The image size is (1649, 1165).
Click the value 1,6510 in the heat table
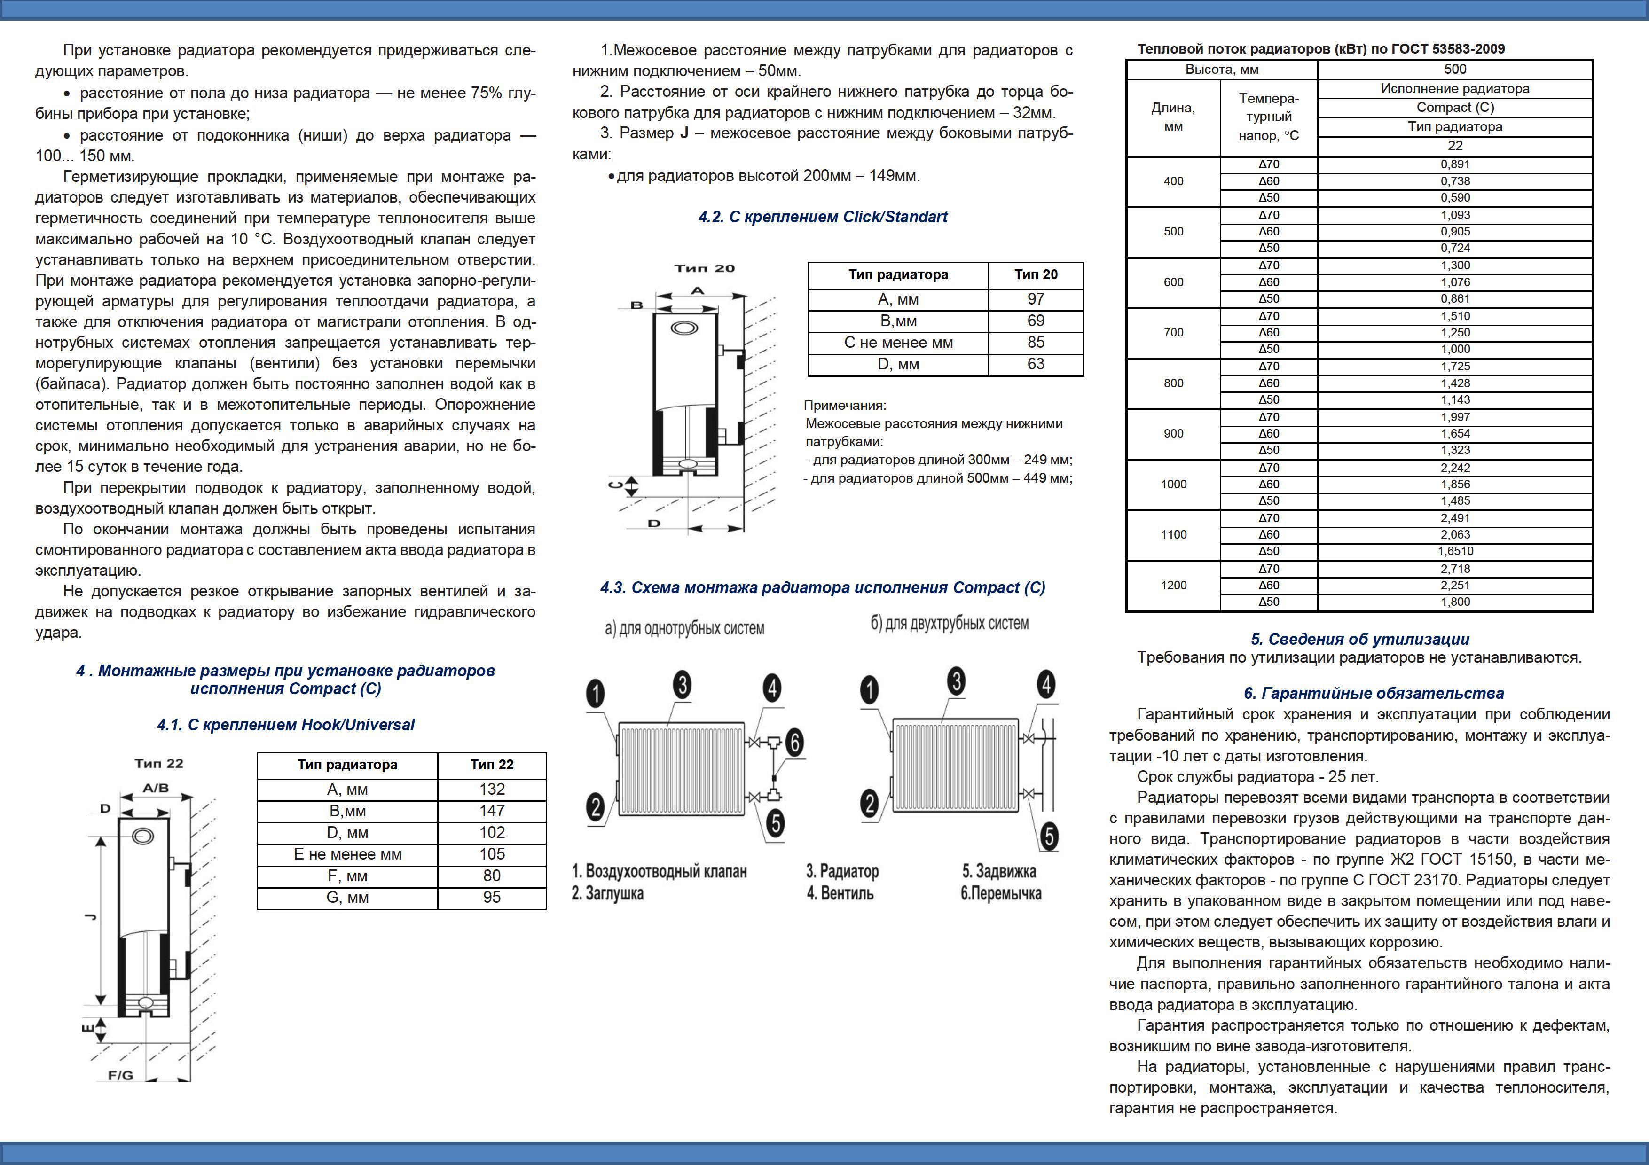tap(1455, 551)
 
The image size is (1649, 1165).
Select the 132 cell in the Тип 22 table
tap(492, 790)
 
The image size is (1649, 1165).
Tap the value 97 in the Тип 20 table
tap(1036, 299)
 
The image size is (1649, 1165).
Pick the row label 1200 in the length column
tap(1174, 585)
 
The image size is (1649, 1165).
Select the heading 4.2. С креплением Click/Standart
tap(823, 217)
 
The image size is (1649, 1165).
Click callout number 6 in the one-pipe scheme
tap(794, 742)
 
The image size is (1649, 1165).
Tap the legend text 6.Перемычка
tap(1001, 894)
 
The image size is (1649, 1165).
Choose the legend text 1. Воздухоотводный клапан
tap(660, 871)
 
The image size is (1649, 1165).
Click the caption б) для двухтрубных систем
tap(950, 624)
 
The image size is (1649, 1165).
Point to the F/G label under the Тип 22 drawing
tap(121, 1075)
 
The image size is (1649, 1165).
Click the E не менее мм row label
tap(347, 854)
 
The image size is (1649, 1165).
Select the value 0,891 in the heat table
tap(1455, 164)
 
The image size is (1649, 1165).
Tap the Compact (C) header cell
tap(1455, 108)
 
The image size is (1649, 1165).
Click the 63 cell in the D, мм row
tap(1036, 364)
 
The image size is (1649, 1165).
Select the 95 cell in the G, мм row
tap(492, 897)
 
